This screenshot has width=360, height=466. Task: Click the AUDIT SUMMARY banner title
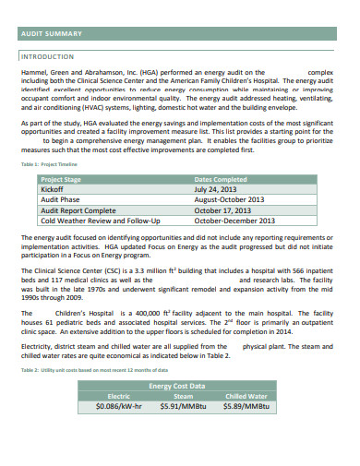(x=51, y=34)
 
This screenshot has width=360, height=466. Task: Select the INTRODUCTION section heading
(x=46, y=55)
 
